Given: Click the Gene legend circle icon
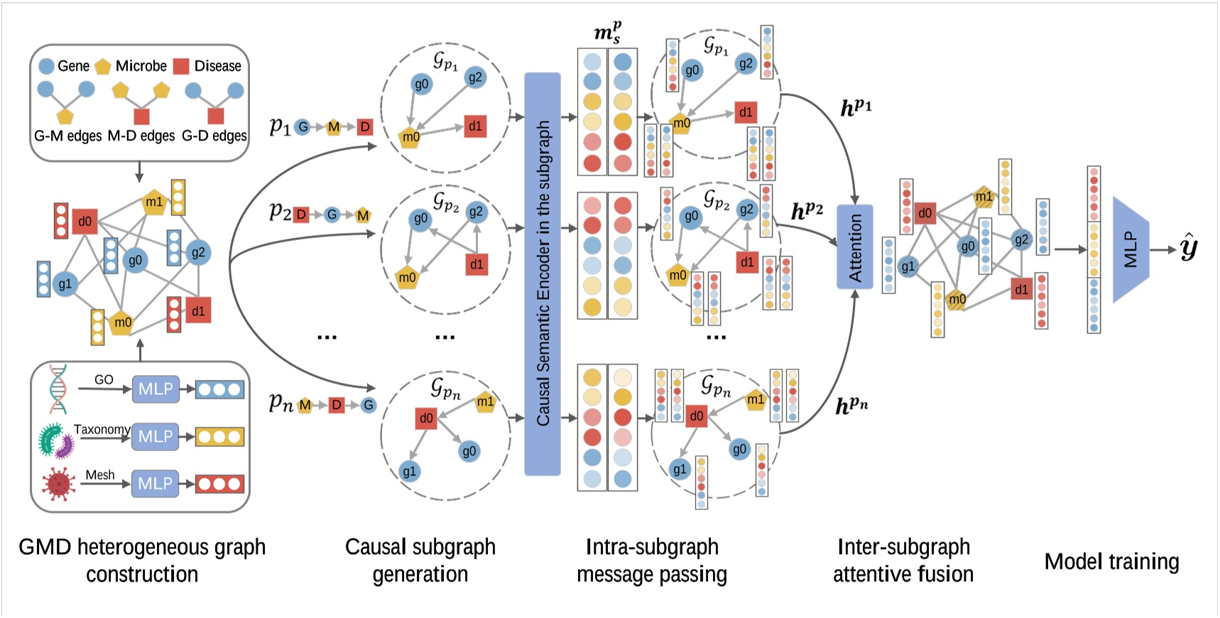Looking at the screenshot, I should click(x=46, y=66).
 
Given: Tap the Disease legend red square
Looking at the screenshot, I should click(x=181, y=66).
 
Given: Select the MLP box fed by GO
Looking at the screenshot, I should click(x=156, y=389).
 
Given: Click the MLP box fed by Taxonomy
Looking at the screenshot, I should click(x=156, y=436).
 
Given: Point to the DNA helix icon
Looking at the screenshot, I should click(x=58, y=389).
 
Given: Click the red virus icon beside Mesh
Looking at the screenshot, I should click(x=58, y=484).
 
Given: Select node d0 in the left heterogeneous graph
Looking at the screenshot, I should click(x=85, y=222).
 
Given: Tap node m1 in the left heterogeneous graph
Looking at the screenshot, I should click(x=154, y=202).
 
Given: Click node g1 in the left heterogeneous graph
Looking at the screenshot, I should click(x=65, y=284).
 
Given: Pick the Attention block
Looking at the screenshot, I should click(x=855, y=247).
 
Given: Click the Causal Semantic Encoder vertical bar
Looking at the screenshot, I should click(x=543, y=273).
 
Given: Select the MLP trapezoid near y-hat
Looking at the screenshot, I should click(x=1131, y=250).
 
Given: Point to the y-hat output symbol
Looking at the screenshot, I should click(x=1189, y=248).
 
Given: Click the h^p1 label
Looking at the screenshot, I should click(x=856, y=108).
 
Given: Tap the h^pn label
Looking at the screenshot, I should click(x=851, y=406).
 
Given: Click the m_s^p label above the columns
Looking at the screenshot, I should click(x=607, y=33).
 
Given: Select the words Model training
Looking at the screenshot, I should click(x=1111, y=562).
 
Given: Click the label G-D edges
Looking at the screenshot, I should click(x=214, y=136).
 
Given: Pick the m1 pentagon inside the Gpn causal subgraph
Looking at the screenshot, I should click(x=485, y=401).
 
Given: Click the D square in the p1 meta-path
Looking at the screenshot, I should click(x=364, y=127).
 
